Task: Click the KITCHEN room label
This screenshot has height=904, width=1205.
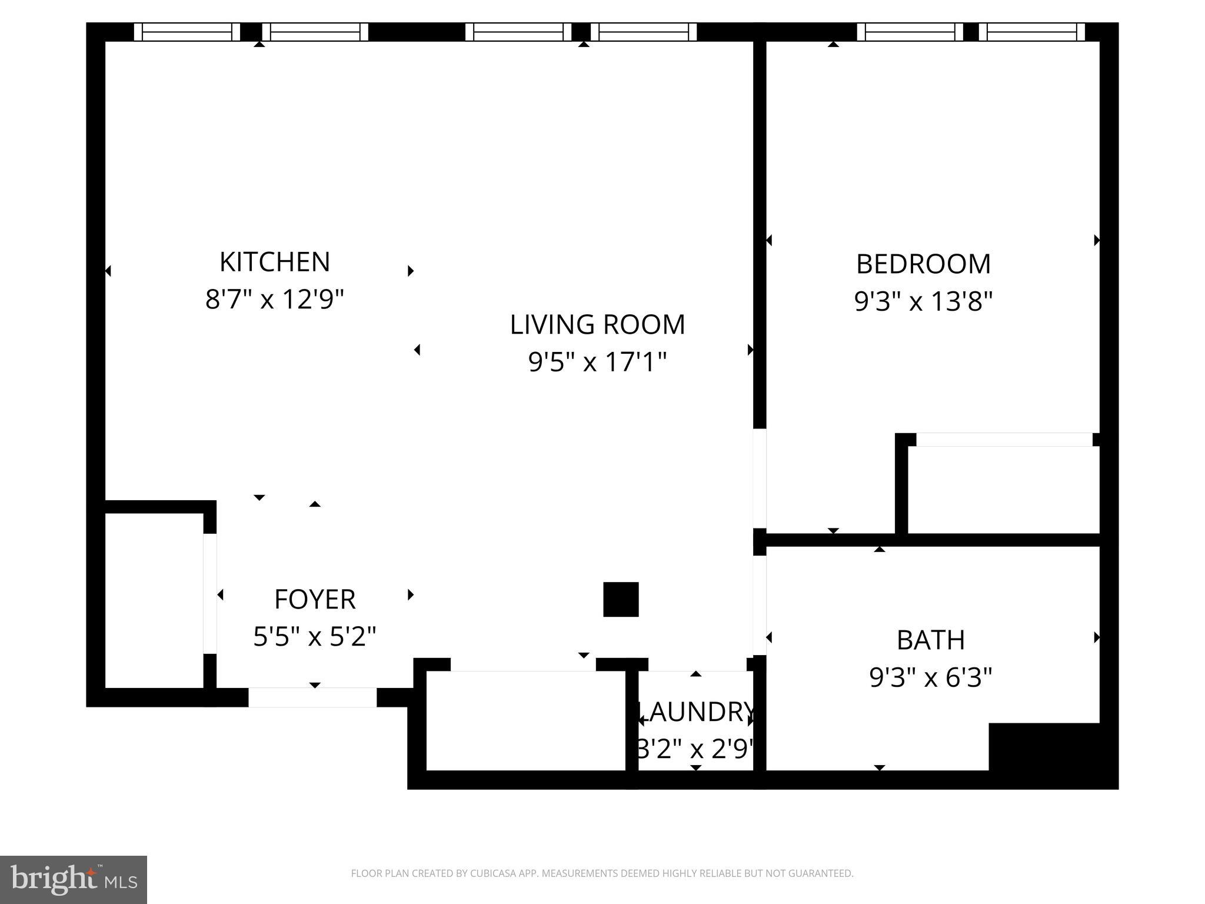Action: pyautogui.click(x=274, y=262)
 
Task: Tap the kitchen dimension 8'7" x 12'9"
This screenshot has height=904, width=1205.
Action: pyautogui.click(x=274, y=300)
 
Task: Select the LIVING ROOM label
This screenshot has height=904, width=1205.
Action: pyautogui.click(x=597, y=325)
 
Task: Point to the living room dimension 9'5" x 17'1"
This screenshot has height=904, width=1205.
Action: pyautogui.click(x=597, y=362)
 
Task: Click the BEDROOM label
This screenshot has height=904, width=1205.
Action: pyautogui.click(x=923, y=264)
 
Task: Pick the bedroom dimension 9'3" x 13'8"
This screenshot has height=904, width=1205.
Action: pyautogui.click(x=923, y=302)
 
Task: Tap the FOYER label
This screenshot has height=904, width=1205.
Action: pyautogui.click(x=315, y=600)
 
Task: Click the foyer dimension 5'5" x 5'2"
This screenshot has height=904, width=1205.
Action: pyautogui.click(x=315, y=637)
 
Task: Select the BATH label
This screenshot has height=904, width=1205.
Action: pyautogui.click(x=930, y=640)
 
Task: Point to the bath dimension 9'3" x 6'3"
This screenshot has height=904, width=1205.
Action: pyautogui.click(x=930, y=677)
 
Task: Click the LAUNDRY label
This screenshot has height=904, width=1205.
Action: pyautogui.click(x=695, y=712)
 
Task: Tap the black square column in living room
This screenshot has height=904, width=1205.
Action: pyautogui.click(x=621, y=599)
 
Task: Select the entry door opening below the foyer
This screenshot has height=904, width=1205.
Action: pyautogui.click(x=312, y=697)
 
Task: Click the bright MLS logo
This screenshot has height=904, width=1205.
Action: pyautogui.click(x=74, y=879)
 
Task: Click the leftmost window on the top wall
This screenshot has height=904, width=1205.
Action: pyautogui.click(x=187, y=32)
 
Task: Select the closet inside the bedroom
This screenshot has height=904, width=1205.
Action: pyautogui.click(x=1003, y=490)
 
